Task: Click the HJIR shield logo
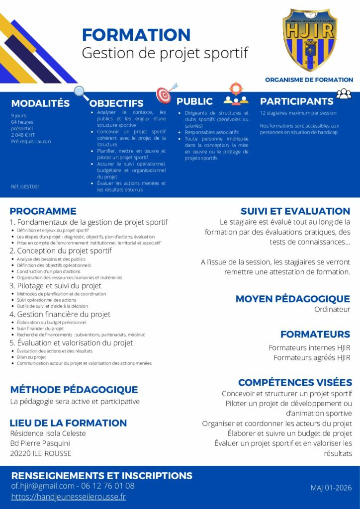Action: coord(309,39)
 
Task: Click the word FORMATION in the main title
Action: coord(136,35)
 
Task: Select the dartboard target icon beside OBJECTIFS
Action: coord(164,94)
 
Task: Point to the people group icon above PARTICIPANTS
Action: coord(344,93)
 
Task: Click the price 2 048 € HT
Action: coord(23,135)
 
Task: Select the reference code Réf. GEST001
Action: coord(25,187)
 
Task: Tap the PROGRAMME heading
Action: coord(43,211)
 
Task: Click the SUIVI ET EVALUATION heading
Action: coord(295,211)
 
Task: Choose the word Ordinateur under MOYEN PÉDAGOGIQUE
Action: coord(332,309)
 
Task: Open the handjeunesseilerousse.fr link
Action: coord(69,497)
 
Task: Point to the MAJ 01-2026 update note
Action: coord(331,488)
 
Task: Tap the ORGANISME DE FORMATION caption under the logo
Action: coord(309,80)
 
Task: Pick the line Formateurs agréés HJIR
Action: coord(312,357)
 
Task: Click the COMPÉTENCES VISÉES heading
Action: coord(295,382)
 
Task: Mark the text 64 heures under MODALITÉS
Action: coord(22,122)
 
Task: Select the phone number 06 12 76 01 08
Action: coord(107,486)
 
